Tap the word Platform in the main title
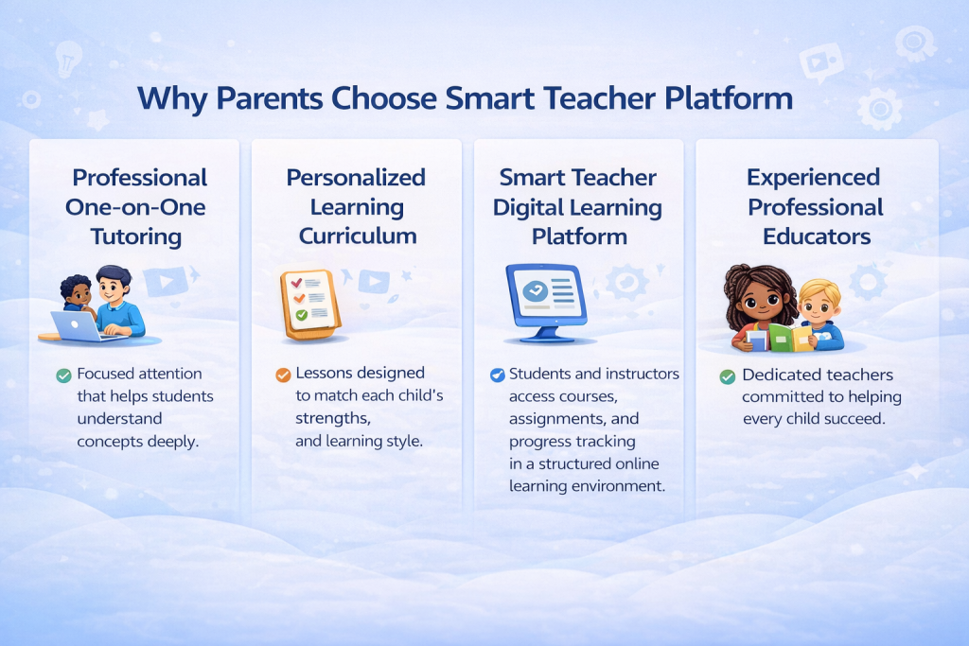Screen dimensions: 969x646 coord(730,98)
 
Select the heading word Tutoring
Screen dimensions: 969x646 coord(136,236)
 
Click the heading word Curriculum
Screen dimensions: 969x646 coord(358,236)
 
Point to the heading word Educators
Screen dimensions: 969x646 coord(817,236)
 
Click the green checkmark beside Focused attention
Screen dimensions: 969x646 coord(63,375)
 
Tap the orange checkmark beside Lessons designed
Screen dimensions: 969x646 coord(283,375)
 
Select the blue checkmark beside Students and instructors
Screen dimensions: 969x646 coord(498,375)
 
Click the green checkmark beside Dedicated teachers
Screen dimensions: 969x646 coord(728,376)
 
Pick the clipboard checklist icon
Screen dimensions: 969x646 coord(310,304)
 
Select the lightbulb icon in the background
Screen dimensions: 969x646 coord(67,59)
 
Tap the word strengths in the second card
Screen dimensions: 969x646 coord(332,419)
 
